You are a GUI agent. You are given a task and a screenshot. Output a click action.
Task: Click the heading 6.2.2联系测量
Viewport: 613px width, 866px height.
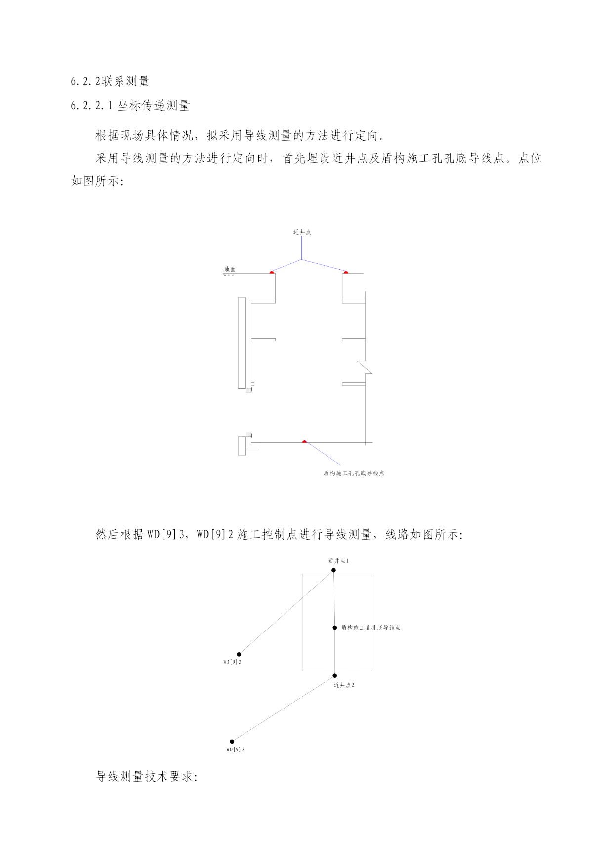[110, 81]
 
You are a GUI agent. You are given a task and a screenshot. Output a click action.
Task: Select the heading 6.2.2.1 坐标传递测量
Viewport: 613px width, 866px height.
[130, 105]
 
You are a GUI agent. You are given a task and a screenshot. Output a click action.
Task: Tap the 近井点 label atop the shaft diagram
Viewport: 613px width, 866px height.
[302, 232]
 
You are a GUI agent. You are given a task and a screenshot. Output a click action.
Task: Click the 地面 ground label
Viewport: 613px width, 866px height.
[230, 269]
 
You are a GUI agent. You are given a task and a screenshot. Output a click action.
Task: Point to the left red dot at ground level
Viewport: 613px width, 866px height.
[272, 272]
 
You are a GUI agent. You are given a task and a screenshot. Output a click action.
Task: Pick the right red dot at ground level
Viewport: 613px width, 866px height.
[346, 272]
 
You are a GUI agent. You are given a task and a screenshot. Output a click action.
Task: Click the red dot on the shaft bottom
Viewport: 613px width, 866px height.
[304, 441]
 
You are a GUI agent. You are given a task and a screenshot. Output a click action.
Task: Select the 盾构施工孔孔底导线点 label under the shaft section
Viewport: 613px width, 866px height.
[354, 473]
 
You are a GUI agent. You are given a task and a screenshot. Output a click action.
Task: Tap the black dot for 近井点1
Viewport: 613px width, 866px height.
[333, 570]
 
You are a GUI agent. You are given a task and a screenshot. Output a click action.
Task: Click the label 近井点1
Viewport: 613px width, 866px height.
[338, 561]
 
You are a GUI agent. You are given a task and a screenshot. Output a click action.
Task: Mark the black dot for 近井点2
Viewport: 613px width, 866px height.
[335, 676]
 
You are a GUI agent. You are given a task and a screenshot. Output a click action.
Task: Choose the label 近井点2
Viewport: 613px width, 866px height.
[344, 685]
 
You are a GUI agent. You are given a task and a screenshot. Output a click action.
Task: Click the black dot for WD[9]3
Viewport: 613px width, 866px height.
[239, 654]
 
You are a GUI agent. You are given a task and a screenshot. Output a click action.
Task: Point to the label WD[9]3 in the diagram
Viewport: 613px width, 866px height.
[232, 662]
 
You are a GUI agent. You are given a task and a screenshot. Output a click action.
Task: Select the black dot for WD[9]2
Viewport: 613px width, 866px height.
[232, 741]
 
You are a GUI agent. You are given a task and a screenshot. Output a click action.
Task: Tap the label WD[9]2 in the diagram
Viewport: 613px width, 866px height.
[236, 749]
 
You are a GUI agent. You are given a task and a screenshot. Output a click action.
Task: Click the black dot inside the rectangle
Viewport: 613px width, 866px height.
[335, 628]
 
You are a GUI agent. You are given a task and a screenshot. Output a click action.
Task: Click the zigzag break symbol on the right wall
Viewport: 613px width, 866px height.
[365, 367]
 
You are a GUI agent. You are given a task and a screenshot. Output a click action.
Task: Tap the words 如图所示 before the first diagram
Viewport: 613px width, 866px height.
[95, 181]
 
